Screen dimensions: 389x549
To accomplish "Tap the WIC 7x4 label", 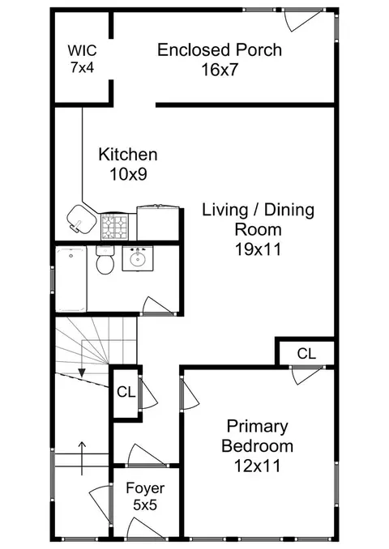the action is (x=83, y=58).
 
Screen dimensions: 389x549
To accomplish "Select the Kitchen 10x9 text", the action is (x=128, y=164).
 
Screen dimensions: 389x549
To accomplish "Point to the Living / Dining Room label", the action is (x=259, y=229).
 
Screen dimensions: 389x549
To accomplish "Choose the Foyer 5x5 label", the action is (x=145, y=496).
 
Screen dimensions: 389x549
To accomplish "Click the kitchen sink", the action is (x=81, y=219).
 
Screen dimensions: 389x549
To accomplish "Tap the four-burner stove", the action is (x=114, y=227).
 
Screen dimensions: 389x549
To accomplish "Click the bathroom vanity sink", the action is (x=138, y=258).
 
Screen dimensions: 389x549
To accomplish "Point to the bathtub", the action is (x=71, y=279).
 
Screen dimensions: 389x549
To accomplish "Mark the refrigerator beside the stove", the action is (x=158, y=223).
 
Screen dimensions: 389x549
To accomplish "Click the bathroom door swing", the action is (x=158, y=305).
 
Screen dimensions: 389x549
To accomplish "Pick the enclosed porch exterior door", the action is (x=302, y=20).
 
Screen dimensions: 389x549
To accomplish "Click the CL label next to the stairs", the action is (x=126, y=392).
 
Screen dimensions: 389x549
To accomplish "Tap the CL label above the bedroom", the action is (x=306, y=354).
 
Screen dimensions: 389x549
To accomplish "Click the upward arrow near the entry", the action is (x=82, y=458).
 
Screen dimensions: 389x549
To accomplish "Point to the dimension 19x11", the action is (x=259, y=249).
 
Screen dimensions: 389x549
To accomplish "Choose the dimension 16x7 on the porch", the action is (x=220, y=70).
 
